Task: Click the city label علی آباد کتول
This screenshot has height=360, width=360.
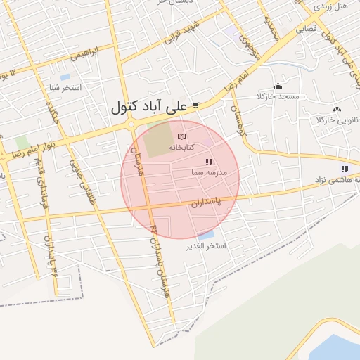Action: click(x=148, y=107)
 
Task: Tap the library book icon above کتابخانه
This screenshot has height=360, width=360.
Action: click(x=182, y=135)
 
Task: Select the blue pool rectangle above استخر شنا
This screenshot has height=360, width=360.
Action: click(x=65, y=77)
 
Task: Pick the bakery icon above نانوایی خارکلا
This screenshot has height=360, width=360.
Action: click(x=337, y=109)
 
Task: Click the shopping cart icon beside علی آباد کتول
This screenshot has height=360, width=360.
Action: click(x=195, y=106)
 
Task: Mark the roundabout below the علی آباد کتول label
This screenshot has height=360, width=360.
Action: click(x=131, y=125)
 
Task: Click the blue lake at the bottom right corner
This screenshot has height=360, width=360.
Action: click(x=341, y=348)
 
